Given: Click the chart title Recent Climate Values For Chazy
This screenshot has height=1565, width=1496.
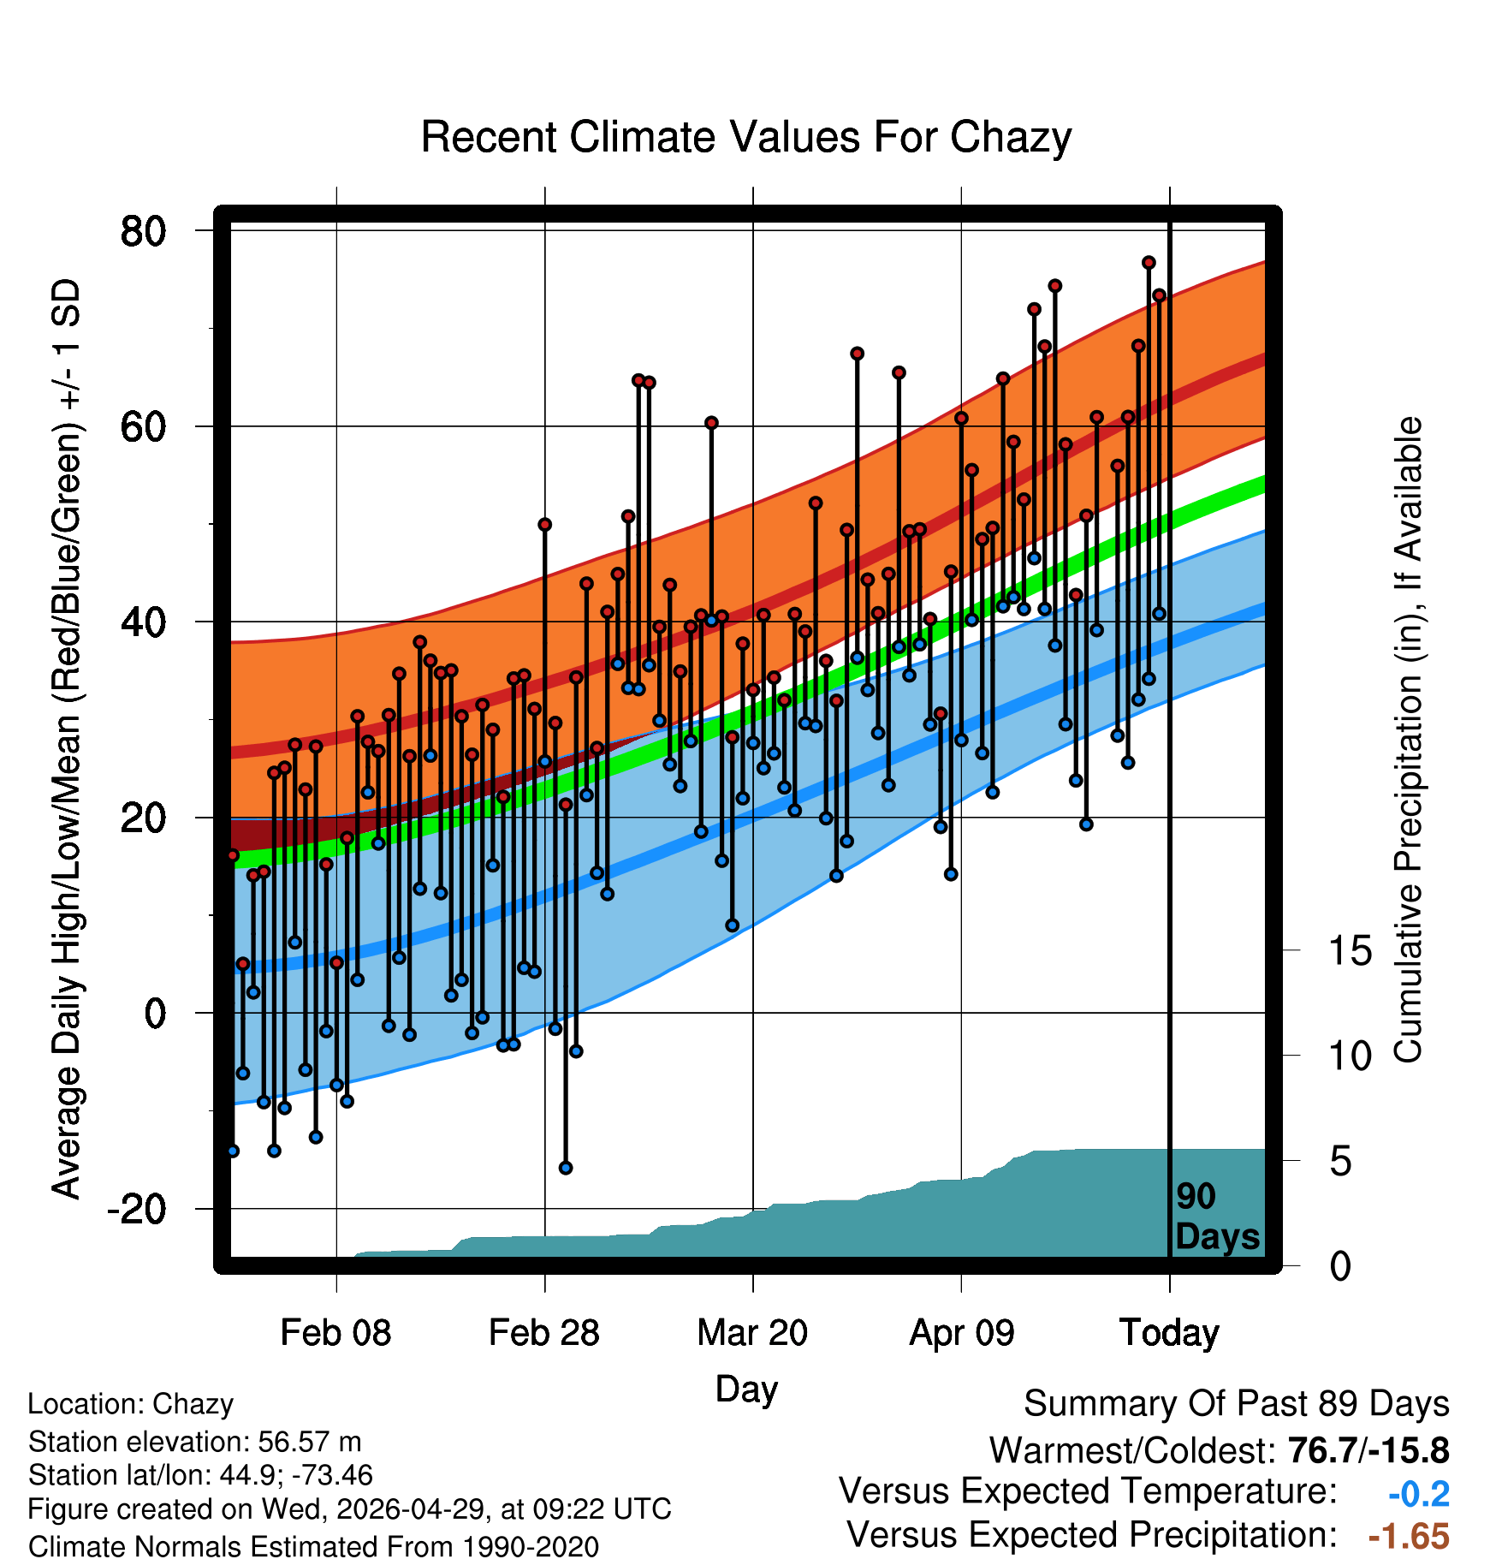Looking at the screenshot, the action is [746, 137].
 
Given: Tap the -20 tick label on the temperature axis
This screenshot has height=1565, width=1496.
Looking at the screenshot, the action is [137, 1209].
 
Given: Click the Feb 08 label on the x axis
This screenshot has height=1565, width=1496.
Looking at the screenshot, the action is [335, 1333].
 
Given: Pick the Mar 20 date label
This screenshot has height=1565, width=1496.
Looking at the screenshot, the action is [752, 1333].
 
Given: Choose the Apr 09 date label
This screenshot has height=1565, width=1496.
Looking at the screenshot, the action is [961, 1333].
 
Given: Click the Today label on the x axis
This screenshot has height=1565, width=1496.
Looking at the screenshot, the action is [1169, 1333].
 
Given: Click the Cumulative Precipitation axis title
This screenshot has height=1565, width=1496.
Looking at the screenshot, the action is [1408, 741].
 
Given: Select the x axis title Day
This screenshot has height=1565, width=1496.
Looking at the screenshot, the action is [746, 1389].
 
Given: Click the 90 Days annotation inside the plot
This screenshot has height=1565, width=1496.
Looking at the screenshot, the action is [1217, 1217].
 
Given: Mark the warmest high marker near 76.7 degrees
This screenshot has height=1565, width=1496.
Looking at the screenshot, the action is [1149, 263].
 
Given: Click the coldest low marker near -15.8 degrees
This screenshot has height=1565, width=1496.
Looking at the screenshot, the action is [566, 1168].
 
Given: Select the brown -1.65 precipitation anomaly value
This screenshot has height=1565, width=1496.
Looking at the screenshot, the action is [1409, 1537].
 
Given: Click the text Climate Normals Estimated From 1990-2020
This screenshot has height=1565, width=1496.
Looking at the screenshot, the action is [313, 1547].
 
